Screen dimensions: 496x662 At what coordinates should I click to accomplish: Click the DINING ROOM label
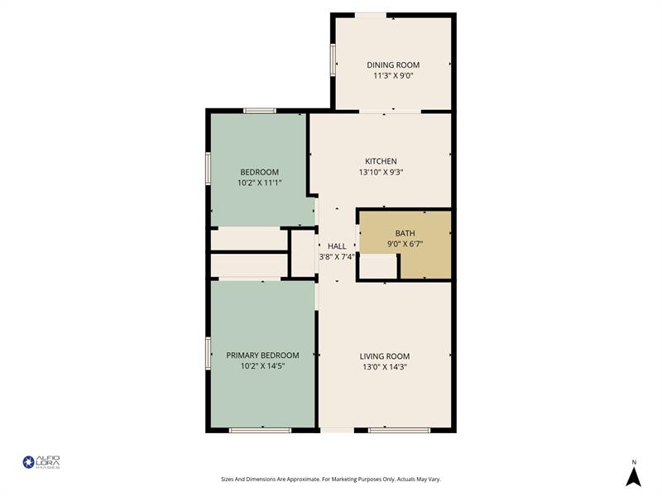[393, 65]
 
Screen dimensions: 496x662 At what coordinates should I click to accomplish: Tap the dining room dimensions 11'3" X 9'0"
[393, 75]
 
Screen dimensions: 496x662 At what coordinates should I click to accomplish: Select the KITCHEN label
[381, 161]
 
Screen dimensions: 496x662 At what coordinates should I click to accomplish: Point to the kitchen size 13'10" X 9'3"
[381, 172]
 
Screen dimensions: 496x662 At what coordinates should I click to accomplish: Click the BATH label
[405, 233]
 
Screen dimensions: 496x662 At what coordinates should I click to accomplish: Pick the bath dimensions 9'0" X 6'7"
[405, 244]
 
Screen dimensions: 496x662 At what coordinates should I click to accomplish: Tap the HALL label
[337, 246]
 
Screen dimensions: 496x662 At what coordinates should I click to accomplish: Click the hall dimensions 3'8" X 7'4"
[337, 256]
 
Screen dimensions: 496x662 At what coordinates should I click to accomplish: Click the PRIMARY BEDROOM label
[262, 355]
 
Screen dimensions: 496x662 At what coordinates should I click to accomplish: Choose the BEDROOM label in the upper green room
[259, 172]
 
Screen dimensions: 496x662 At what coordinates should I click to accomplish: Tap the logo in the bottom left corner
[41, 462]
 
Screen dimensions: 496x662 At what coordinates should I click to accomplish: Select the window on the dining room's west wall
[333, 59]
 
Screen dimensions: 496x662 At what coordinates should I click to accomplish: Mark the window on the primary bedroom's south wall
[260, 430]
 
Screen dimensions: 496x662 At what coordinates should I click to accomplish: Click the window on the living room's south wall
[399, 430]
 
